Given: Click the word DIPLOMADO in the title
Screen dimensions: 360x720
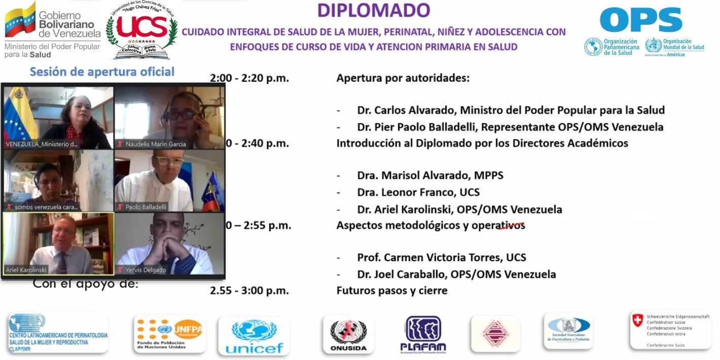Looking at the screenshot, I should click(x=374, y=10).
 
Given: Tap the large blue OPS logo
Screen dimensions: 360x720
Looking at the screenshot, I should click(x=640, y=20).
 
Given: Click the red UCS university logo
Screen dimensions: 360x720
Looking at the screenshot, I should click(x=141, y=27).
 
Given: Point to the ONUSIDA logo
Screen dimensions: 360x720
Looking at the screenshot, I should click(x=348, y=335).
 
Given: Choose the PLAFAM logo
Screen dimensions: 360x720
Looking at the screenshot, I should click(x=423, y=335).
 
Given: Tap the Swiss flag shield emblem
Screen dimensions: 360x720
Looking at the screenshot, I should click(x=637, y=320).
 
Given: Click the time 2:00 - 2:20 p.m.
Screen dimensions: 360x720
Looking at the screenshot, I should click(x=249, y=78).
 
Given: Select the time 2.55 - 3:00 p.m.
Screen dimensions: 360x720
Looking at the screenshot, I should click(x=249, y=291).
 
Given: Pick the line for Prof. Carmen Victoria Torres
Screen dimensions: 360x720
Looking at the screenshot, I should click(x=441, y=258).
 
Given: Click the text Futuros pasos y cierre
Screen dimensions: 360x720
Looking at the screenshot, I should click(x=392, y=291).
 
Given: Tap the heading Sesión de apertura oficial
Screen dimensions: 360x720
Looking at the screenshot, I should click(x=102, y=71).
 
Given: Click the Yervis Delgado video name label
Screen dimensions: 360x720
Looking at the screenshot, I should click(x=146, y=270).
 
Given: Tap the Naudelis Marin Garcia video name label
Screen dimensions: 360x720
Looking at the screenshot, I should click(x=156, y=144).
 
